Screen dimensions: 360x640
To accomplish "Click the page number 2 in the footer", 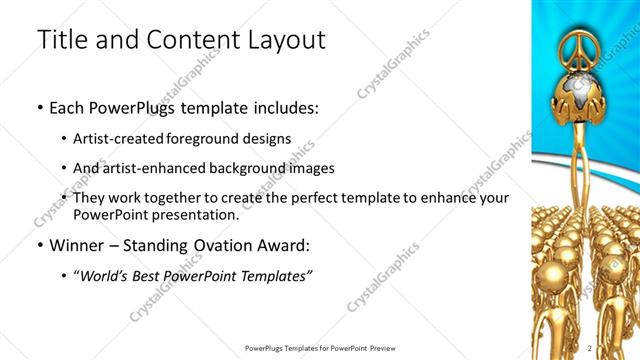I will [590, 347].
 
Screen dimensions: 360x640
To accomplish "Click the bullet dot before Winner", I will [39, 245].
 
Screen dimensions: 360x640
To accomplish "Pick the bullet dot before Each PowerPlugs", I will [39, 106].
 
